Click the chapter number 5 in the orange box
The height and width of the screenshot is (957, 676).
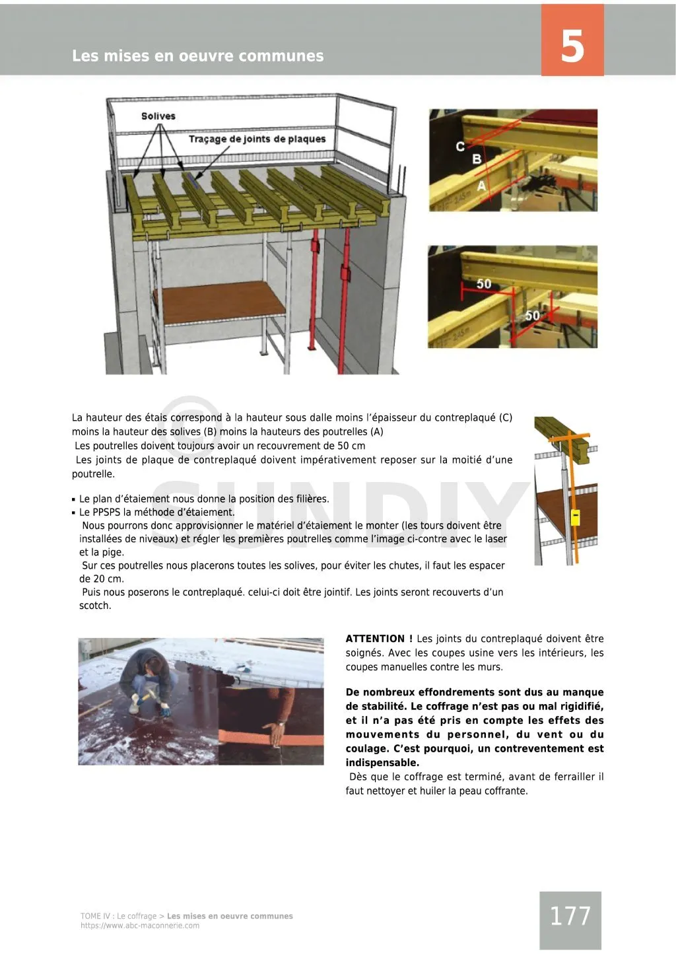(x=572, y=46)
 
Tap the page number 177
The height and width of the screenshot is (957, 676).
(x=570, y=916)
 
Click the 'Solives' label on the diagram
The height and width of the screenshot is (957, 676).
(x=158, y=116)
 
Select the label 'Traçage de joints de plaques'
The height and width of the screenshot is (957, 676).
(x=257, y=139)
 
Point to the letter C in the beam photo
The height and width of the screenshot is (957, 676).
(x=460, y=146)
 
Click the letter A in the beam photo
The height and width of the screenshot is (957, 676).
(x=482, y=186)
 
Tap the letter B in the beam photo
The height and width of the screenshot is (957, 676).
(x=477, y=160)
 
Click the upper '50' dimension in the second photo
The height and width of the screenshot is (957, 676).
(x=484, y=284)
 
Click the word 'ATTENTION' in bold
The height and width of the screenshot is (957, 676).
(x=376, y=639)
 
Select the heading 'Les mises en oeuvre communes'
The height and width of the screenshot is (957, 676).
(x=197, y=56)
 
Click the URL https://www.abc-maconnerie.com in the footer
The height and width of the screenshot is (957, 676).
(x=139, y=925)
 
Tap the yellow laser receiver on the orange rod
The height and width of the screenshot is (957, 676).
(x=575, y=517)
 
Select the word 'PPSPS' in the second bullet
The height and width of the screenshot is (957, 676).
(x=106, y=512)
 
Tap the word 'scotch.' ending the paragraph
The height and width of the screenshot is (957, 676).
(x=95, y=606)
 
